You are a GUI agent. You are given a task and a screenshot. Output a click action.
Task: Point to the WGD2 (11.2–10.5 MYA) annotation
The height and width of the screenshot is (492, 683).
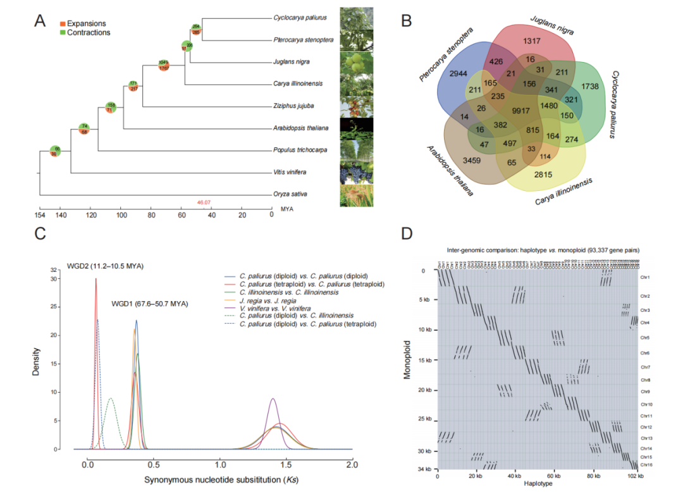click(105, 266)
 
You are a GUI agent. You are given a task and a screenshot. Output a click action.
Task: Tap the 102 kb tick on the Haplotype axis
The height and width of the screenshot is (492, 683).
click(632, 476)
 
